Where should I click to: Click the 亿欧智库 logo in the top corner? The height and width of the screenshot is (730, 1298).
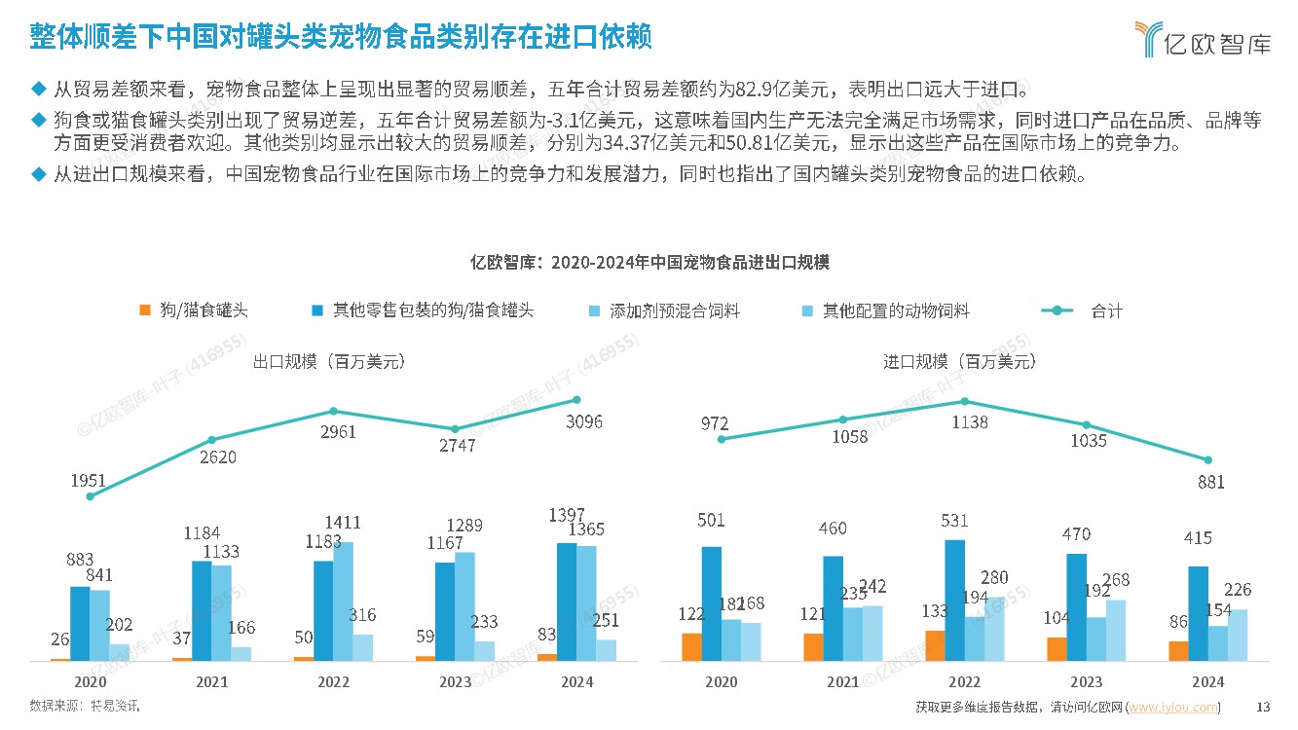tap(1204, 38)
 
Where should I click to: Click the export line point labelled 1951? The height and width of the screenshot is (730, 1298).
tap(90, 495)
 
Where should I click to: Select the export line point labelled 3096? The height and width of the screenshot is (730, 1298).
tap(576, 399)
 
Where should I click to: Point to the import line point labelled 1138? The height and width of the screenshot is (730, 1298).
tap(965, 401)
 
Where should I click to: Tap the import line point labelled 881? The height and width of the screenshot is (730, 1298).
tap(1208, 460)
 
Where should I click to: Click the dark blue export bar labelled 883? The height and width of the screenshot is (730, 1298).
tap(80, 623)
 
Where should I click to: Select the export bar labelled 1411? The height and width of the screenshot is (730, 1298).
tap(343, 601)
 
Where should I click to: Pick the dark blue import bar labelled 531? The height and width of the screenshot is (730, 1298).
tap(955, 600)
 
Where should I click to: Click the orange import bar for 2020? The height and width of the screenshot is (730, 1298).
tap(691, 647)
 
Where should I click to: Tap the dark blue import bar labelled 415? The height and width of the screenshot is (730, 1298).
tap(1199, 613)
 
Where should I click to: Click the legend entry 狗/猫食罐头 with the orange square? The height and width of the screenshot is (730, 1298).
tap(194, 310)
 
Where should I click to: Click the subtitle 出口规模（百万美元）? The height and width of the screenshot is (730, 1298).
tap(329, 361)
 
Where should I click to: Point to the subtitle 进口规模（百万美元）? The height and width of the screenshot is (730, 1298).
tap(959, 361)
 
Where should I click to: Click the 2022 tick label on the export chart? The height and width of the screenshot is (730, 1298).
tap(333, 682)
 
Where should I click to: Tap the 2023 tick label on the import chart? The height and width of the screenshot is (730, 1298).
tap(1087, 682)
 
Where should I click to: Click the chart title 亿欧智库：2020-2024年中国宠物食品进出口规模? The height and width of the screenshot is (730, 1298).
tap(649, 263)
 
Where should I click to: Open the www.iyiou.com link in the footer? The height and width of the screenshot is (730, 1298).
tap(1172, 708)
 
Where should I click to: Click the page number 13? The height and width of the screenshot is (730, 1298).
tap(1265, 708)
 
